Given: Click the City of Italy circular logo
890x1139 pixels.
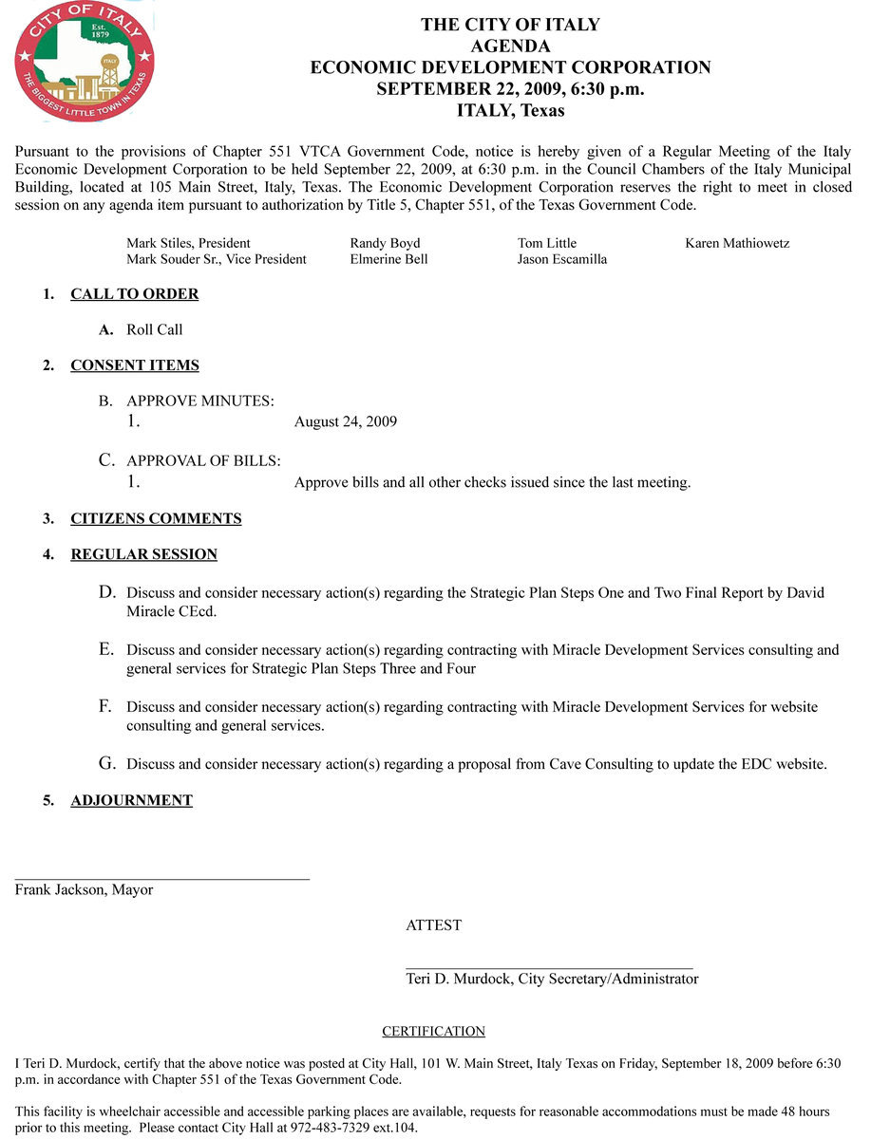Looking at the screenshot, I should click(x=85, y=62).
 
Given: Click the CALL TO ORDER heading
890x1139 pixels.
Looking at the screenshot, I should click(x=134, y=294).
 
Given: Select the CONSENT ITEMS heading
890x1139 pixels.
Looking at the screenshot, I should click(x=134, y=365).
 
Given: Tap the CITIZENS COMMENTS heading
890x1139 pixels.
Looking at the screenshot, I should click(x=156, y=518).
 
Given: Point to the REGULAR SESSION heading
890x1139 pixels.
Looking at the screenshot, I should click(x=143, y=554).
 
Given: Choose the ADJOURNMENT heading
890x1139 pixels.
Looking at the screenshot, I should click(x=131, y=800).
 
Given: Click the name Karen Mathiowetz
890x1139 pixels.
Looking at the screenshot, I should click(x=737, y=243).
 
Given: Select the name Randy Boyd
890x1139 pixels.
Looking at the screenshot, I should click(x=385, y=243).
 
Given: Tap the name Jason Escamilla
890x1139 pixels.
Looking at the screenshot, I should click(x=562, y=259).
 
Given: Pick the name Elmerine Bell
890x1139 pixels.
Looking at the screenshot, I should click(x=388, y=259).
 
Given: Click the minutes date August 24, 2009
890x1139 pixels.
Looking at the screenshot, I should click(x=346, y=421).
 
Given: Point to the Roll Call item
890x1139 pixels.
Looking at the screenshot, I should click(x=155, y=330).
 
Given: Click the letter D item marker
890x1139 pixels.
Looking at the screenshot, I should click(x=107, y=592).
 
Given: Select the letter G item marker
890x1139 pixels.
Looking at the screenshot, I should click(x=107, y=763).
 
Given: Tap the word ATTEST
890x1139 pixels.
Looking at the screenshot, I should click(x=433, y=925).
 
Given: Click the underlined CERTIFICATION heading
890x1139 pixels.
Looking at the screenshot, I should click(x=433, y=1032).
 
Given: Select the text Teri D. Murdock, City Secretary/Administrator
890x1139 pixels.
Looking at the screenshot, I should click(x=552, y=980).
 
